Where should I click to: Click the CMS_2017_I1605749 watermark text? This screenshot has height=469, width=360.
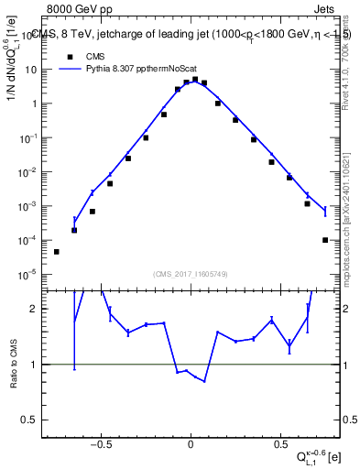(190, 273)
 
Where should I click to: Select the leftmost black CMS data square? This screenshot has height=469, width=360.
(57, 252)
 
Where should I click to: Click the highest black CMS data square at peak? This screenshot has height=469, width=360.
(195, 80)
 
